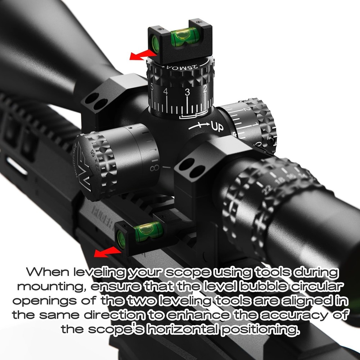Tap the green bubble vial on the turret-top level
(184, 37)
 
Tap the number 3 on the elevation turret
(187, 92)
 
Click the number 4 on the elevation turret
(166, 91)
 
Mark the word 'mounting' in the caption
(51, 287)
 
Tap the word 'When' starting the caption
(46, 273)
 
